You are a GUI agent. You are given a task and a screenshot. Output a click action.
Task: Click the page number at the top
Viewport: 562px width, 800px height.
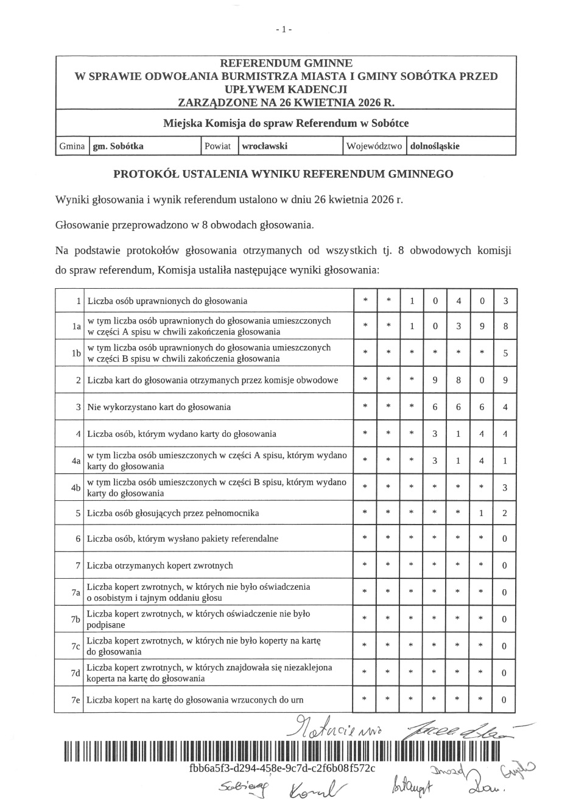(284, 29)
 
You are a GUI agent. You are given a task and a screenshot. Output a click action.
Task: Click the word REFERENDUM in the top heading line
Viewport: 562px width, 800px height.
(253, 63)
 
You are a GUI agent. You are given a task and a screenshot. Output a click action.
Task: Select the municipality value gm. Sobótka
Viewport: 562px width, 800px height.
(118, 146)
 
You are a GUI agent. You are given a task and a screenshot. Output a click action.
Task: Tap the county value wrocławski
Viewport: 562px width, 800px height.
(264, 146)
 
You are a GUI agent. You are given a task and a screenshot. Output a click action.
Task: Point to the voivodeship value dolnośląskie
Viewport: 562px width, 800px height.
(435, 146)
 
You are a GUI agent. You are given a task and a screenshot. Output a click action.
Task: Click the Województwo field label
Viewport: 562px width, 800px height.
(374, 146)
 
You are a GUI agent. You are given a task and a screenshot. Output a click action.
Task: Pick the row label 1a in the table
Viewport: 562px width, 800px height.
(76, 327)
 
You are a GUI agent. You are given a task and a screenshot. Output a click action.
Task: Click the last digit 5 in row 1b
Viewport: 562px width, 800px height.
(505, 353)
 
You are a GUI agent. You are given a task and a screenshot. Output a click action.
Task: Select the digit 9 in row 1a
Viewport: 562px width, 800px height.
(482, 327)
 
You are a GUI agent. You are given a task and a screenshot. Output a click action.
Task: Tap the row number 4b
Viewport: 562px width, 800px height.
(76, 487)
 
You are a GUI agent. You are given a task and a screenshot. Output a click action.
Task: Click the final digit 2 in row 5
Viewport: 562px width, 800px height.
(505, 514)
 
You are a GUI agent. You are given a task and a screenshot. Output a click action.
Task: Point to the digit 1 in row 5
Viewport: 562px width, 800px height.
(482, 514)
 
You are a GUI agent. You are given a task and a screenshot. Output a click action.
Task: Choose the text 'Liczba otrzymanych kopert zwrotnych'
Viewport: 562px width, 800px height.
(160, 566)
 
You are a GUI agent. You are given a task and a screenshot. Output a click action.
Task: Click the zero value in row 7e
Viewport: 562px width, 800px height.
(504, 700)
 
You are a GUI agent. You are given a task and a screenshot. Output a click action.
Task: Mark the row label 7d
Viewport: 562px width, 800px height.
(76, 673)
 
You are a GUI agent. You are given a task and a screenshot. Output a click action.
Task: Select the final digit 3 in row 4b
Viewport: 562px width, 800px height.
(505, 487)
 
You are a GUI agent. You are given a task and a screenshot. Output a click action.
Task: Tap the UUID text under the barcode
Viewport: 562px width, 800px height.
(283, 768)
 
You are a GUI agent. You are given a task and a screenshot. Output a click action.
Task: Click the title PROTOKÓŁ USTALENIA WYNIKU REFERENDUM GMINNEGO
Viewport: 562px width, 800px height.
(283, 174)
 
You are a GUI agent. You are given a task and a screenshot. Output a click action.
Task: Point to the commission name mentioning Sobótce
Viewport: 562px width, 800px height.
(286, 124)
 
